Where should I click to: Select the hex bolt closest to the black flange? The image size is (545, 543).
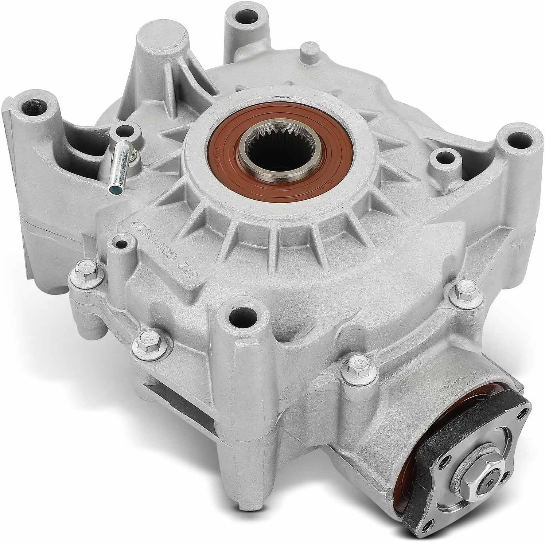351,361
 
